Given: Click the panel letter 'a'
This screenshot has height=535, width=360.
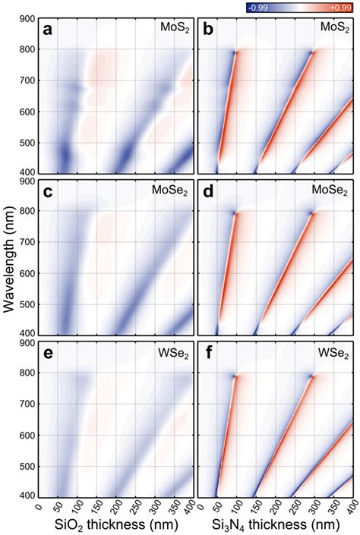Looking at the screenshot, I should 48,31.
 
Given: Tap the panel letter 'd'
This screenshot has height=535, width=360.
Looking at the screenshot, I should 207,192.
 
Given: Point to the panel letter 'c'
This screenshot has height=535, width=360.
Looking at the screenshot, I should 48,192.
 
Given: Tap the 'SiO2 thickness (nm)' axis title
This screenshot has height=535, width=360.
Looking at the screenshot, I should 115,526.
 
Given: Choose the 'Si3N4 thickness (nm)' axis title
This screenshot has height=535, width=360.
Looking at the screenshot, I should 275,526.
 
